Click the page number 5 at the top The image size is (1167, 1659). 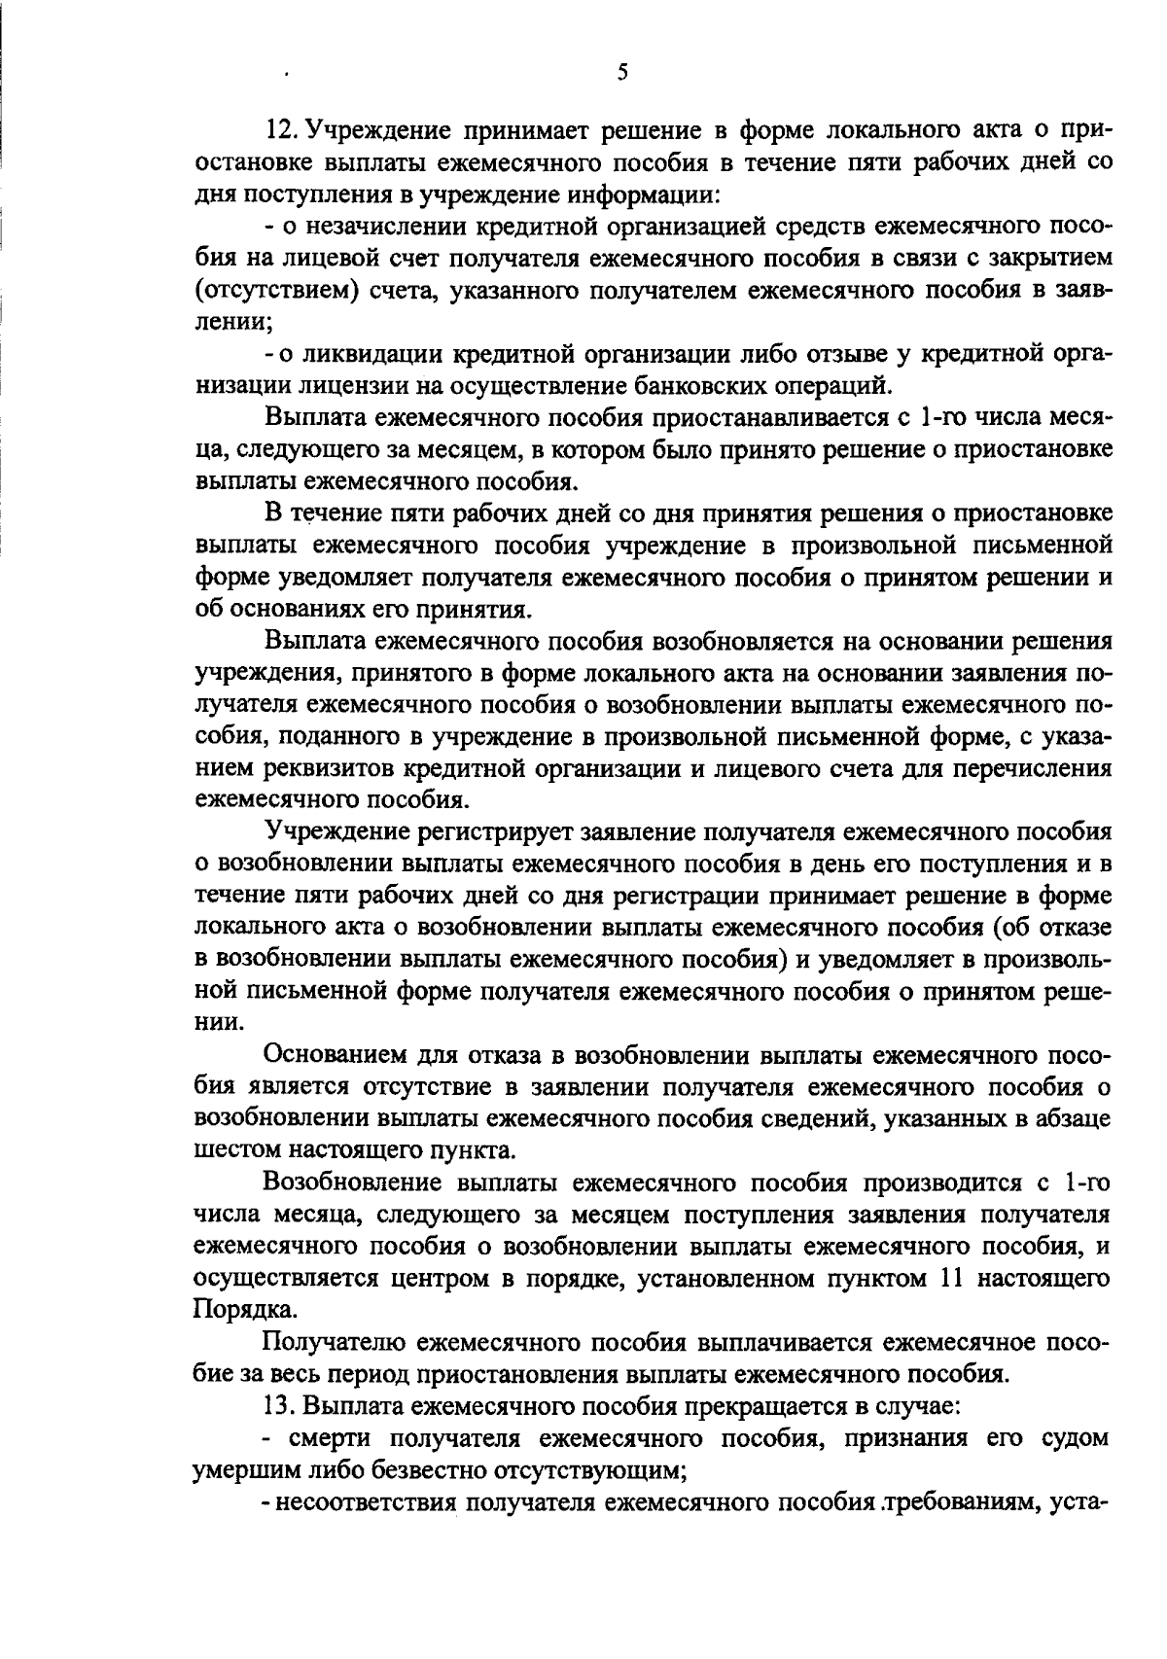[622, 71]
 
